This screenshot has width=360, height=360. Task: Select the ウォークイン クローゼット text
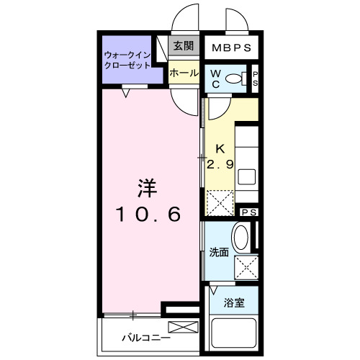(127, 59)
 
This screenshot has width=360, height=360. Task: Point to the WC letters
(216, 78)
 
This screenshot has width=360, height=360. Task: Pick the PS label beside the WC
(254, 78)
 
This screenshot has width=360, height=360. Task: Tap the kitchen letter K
(214, 150)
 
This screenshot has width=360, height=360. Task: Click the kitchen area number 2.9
(220, 164)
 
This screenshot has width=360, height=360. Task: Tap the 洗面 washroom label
(219, 253)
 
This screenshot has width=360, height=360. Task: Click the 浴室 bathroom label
(234, 302)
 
